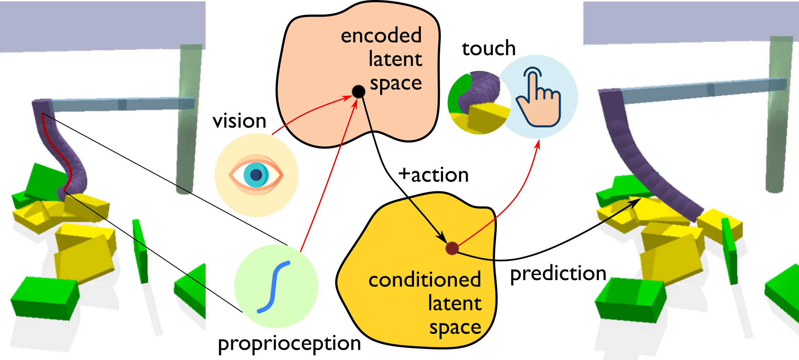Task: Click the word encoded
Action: click(381, 36)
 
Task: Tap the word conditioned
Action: click(424, 280)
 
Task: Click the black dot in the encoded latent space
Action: click(358, 92)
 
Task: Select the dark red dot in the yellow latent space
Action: click(452, 248)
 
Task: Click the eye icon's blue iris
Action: click(256, 175)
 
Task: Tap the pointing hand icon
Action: click(538, 97)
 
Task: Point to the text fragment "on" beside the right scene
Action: click(595, 274)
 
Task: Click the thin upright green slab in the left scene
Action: click(140, 251)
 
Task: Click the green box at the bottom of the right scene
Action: click(629, 301)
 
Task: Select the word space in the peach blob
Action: click(396, 84)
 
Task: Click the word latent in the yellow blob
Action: click(454, 303)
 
